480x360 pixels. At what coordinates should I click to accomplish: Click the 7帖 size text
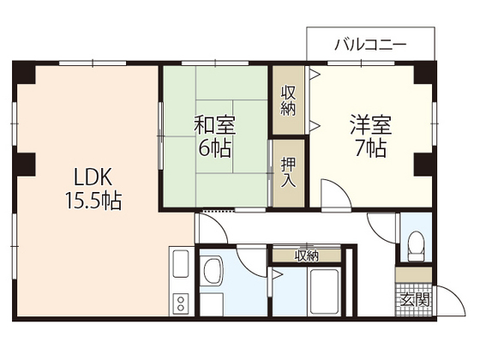pyautogui.click(x=371, y=147)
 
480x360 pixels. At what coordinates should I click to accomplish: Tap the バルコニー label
pyautogui.click(x=370, y=45)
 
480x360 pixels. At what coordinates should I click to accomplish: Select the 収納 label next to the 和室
pyautogui.click(x=288, y=101)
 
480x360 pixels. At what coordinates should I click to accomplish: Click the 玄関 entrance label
pyautogui.click(x=417, y=299)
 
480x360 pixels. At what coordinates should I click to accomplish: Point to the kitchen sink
pyautogui.click(x=182, y=264)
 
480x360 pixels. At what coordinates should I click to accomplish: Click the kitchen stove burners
pyautogui.click(x=182, y=302)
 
